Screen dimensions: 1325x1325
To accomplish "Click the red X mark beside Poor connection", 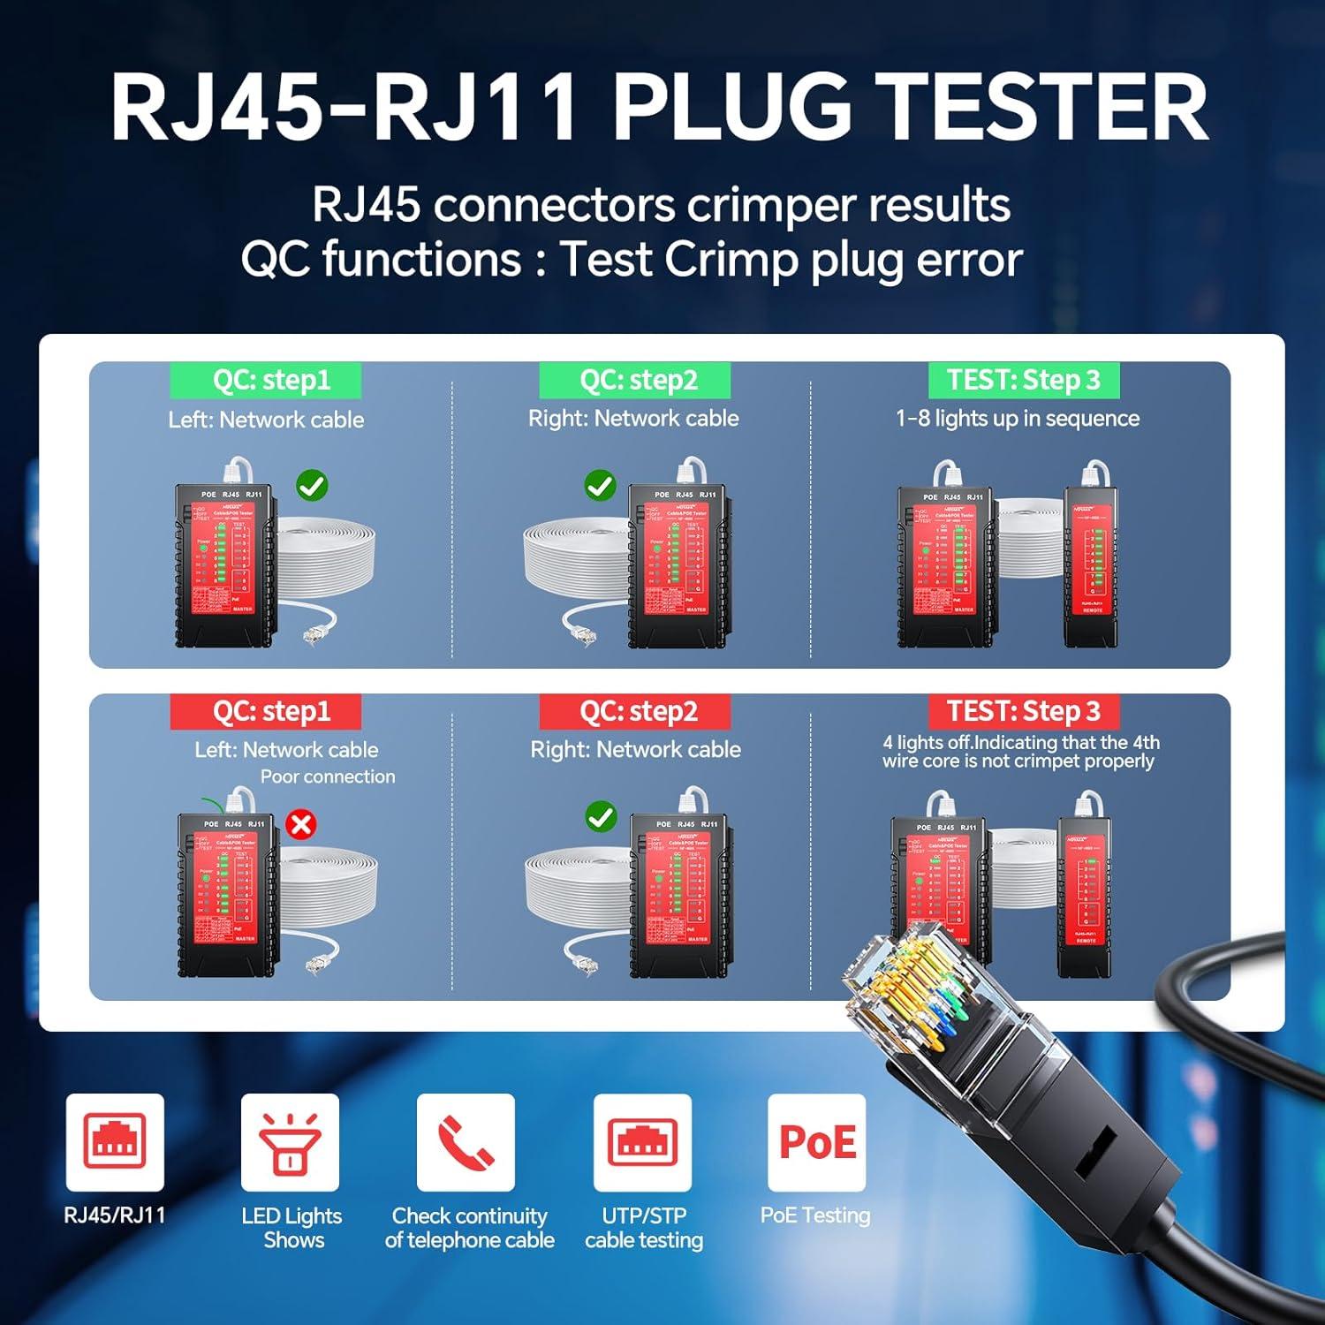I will tap(301, 825).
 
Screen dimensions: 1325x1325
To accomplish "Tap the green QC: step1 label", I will tap(266, 381).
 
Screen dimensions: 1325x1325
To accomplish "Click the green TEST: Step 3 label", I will tap(1024, 381).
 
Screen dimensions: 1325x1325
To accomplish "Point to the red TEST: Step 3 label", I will tap(1024, 711).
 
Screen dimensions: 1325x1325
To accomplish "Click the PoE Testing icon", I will tap(817, 1142).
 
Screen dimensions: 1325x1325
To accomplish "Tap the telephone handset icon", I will tap(466, 1142).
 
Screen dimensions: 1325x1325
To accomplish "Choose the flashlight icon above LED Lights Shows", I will tap(290, 1142).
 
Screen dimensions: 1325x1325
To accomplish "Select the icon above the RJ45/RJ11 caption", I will tap(115, 1142).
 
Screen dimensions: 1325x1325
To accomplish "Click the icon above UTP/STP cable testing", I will tap(642, 1142).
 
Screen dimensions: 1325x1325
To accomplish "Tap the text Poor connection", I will tap(328, 776).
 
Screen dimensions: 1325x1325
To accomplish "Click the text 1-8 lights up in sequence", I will tap(1018, 419).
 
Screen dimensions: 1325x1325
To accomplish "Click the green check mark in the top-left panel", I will tap(312, 485).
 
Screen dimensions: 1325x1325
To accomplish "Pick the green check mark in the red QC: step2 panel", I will tap(602, 817).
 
